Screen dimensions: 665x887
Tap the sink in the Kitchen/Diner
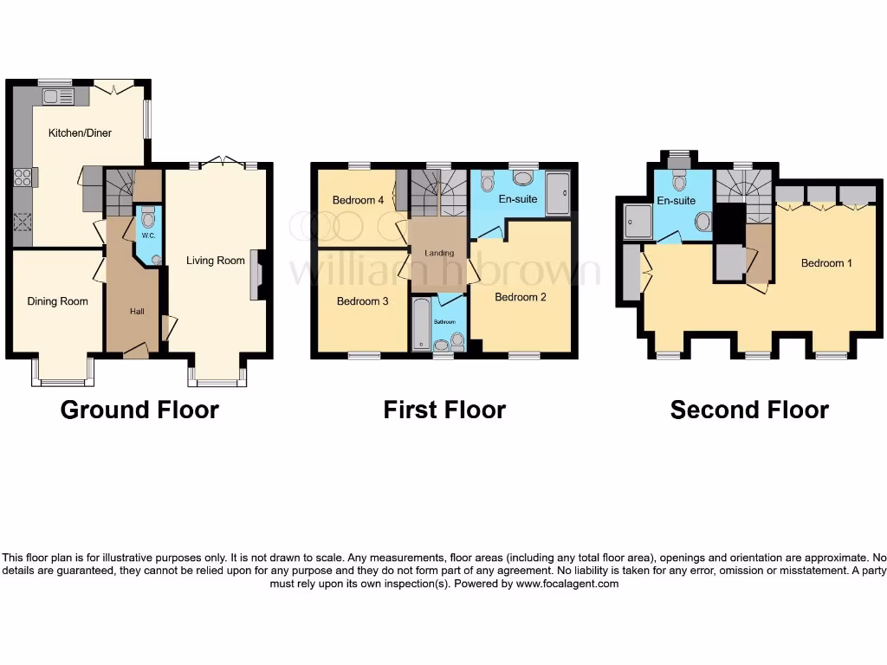[x=57, y=97]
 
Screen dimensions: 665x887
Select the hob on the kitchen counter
[x=23, y=177]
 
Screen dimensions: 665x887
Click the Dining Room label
[x=58, y=301]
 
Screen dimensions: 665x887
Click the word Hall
[x=137, y=312]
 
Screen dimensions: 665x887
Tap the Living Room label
[x=216, y=261]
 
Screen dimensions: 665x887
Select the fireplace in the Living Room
[x=256, y=275]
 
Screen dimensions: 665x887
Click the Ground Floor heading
[x=139, y=410]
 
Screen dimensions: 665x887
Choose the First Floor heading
[x=444, y=410]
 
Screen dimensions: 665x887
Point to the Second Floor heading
[x=749, y=410]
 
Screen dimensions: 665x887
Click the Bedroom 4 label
[x=358, y=200]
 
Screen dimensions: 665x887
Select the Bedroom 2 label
[x=520, y=297]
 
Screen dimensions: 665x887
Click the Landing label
[x=438, y=253]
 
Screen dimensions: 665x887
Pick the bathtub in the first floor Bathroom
[x=421, y=324]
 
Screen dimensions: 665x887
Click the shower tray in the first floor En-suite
[x=559, y=191]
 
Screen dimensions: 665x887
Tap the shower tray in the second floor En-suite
[x=637, y=221]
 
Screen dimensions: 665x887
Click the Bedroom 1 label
[x=825, y=262]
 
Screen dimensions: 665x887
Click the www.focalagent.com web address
[x=567, y=584]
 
